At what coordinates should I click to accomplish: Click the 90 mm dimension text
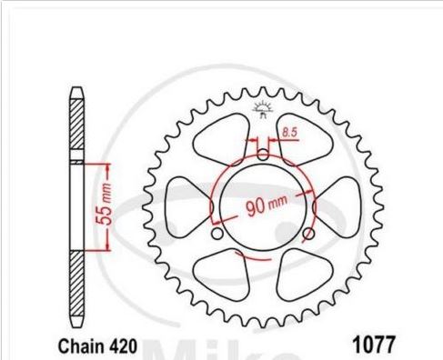[x=267, y=205]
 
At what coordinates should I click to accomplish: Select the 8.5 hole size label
[x=289, y=133]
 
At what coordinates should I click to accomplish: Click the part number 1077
[x=373, y=344]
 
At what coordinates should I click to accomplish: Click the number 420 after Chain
[x=120, y=346]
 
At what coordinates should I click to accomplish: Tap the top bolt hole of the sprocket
[x=263, y=155]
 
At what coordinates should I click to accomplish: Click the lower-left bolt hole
[x=217, y=234]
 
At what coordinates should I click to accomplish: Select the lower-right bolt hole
[x=308, y=234]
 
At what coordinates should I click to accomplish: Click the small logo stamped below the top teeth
[x=263, y=110]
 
